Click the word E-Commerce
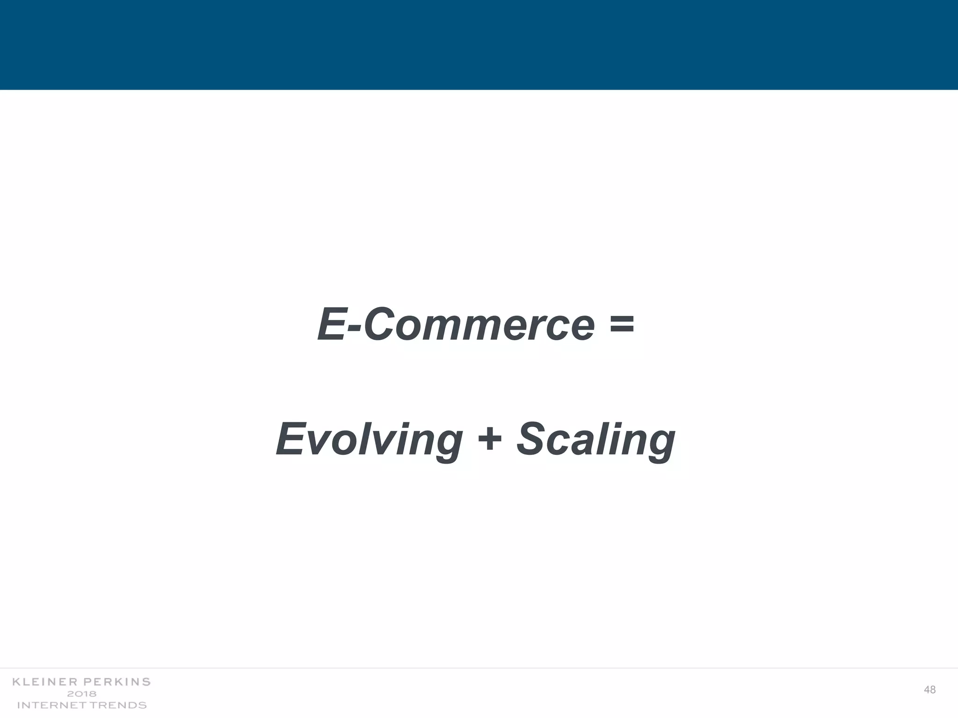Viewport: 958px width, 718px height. [x=456, y=324]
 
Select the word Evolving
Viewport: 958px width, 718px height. [x=370, y=439]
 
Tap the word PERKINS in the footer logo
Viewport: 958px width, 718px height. [x=117, y=682]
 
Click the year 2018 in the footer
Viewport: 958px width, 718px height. [x=82, y=694]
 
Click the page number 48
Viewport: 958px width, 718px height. [x=930, y=690]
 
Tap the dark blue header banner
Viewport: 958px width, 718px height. [x=479, y=45]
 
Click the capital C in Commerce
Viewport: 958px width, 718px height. [x=381, y=324]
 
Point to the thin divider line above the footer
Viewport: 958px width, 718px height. [x=479, y=668]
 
